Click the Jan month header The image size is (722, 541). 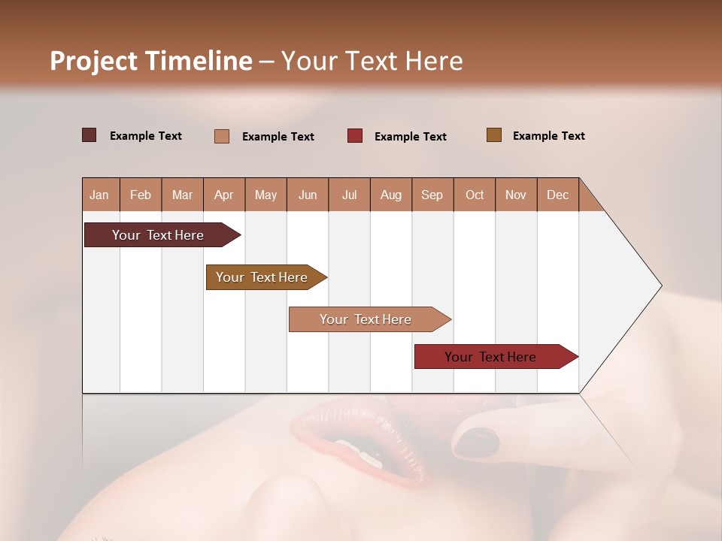pyautogui.click(x=100, y=195)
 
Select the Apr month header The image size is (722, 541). pyautogui.click(x=224, y=195)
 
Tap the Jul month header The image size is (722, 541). pyautogui.click(x=349, y=195)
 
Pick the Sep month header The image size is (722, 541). pyautogui.click(x=432, y=195)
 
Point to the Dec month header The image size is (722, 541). pyautogui.click(x=557, y=195)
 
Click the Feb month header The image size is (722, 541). pyautogui.click(x=141, y=195)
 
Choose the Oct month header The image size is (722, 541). pyautogui.click(x=475, y=195)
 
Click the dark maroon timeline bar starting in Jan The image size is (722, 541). pyautogui.click(x=158, y=235)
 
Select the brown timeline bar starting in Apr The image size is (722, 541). pyautogui.click(x=262, y=277)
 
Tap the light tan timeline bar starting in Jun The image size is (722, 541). pyautogui.click(x=366, y=319)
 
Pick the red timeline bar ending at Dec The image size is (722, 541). pyautogui.click(x=490, y=357)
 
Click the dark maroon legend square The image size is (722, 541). pyautogui.click(x=89, y=135)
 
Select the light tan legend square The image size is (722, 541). pyautogui.click(x=222, y=136)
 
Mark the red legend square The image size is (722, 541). pyautogui.click(x=355, y=135)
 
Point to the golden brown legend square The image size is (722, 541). pyautogui.click(x=494, y=135)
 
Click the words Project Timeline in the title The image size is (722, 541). pyautogui.click(x=151, y=61)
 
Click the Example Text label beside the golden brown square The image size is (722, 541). pyautogui.click(x=548, y=136)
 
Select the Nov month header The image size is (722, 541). pyautogui.click(x=516, y=195)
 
